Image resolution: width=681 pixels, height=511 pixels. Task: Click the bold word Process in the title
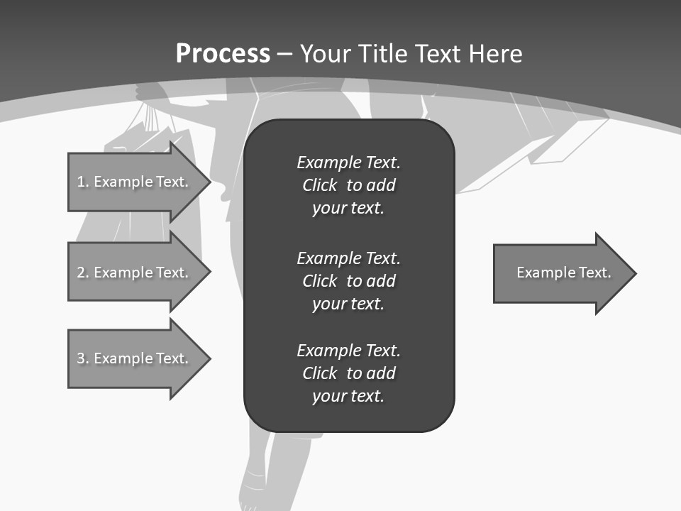tap(223, 53)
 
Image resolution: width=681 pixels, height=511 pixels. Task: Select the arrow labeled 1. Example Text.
tap(135, 182)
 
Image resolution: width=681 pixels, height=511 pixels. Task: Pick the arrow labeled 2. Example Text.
tap(135, 273)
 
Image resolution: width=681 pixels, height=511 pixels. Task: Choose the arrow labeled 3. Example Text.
tap(135, 358)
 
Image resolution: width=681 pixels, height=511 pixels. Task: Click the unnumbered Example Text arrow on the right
tap(560, 273)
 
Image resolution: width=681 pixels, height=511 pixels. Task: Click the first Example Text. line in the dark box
tap(348, 163)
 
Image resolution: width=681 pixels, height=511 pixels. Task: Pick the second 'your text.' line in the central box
tap(348, 304)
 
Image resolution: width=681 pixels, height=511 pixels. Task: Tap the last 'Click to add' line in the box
tap(348, 373)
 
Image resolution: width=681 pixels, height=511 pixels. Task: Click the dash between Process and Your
tap(284, 54)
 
